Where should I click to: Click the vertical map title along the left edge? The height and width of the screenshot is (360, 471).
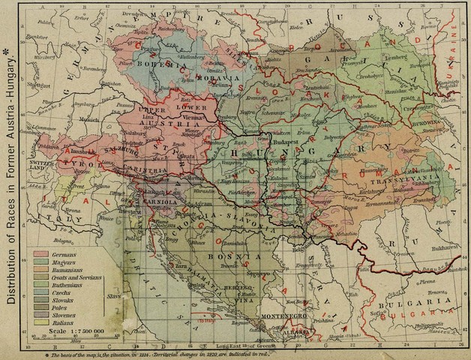13,179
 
